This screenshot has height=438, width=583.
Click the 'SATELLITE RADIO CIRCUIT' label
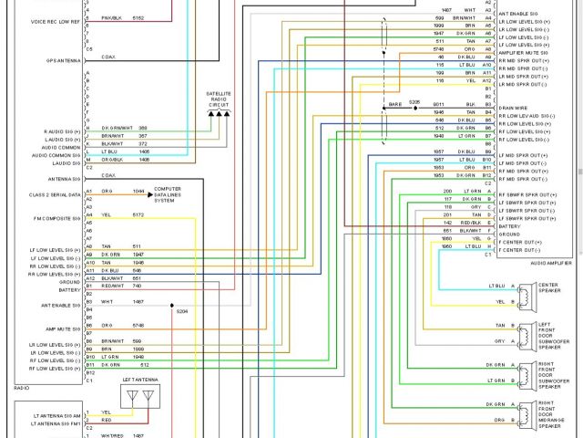[x=219, y=99]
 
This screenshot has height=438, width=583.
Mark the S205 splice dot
[x=415, y=108]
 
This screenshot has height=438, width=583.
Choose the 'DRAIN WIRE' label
[x=515, y=108]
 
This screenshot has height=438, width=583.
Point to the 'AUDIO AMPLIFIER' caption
[x=551, y=263]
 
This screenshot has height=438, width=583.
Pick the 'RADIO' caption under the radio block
[x=22, y=388]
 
